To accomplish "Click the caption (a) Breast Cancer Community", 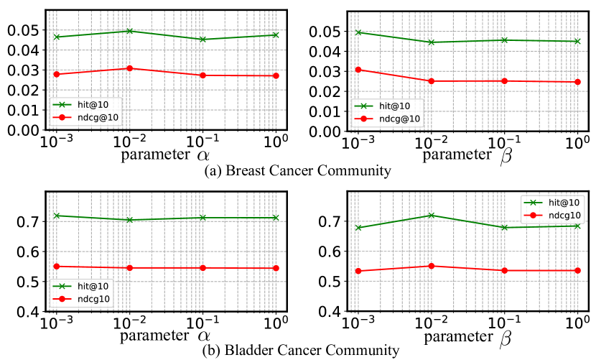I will coord(297,171).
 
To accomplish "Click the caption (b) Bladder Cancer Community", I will coord(297,351).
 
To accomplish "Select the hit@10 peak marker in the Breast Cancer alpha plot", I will coord(130,31).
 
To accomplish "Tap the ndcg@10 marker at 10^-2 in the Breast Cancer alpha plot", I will coord(130,68).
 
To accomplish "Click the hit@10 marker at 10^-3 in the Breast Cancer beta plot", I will coord(358,32).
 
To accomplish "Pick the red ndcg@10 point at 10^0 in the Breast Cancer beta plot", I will coord(577,82).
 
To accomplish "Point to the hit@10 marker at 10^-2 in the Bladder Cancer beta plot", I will coord(431,215).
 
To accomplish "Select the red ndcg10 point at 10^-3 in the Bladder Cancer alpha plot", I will coord(57,267).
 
